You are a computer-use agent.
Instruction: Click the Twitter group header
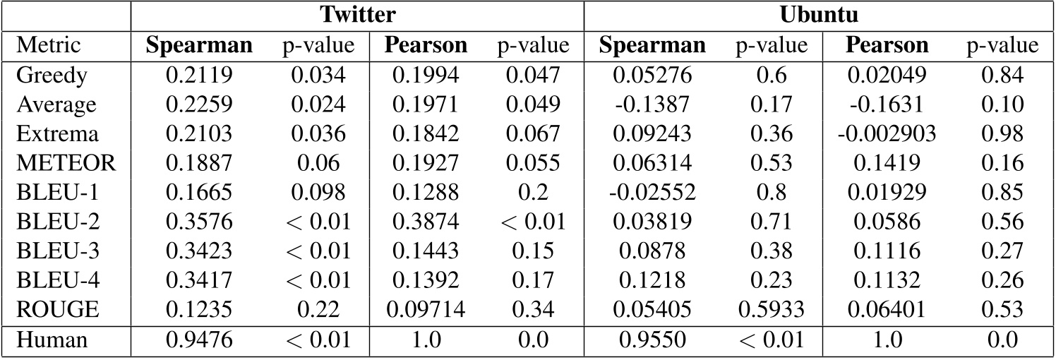(357, 16)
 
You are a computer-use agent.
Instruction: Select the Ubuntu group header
(819, 16)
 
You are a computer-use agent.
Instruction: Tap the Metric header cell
(48, 46)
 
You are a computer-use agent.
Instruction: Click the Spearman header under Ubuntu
(652, 46)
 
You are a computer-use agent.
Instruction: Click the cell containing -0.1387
(652, 104)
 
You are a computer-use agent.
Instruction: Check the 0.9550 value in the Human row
(652, 340)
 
